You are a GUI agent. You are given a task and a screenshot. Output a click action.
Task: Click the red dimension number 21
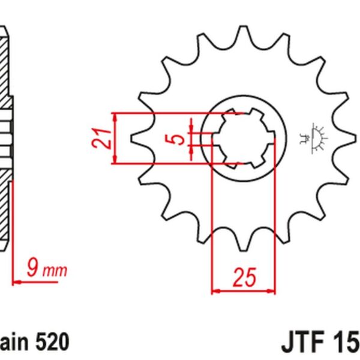point(101,139)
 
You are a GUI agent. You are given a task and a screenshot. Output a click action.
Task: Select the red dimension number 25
point(244,277)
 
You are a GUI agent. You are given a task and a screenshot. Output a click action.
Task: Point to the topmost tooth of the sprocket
point(242,34)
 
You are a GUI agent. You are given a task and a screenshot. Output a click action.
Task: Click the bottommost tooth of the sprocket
point(242,245)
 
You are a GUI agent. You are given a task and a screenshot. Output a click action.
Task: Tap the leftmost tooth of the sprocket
point(136,139)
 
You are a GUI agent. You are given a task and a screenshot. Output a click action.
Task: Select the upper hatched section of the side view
point(5,66)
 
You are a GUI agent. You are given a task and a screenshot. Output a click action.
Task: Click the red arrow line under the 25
point(244,292)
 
